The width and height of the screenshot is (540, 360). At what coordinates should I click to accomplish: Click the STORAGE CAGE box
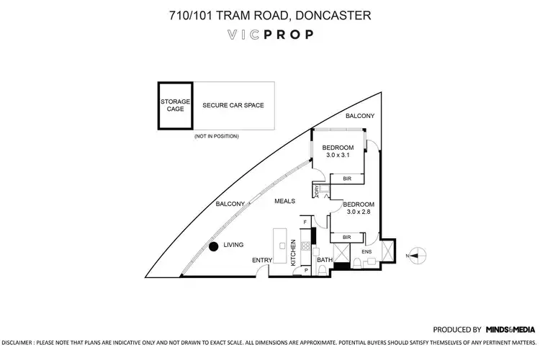coord(176,105)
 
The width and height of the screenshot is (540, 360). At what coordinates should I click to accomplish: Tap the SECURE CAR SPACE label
coord(233,105)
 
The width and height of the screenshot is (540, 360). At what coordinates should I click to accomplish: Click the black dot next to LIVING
coord(214,247)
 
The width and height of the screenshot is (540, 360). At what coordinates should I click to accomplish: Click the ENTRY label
coord(261,260)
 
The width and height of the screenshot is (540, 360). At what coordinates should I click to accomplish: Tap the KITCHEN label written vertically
coord(294,253)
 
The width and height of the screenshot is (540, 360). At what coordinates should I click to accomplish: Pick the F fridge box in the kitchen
coord(305,222)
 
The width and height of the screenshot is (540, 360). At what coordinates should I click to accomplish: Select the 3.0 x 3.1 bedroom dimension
coord(337,155)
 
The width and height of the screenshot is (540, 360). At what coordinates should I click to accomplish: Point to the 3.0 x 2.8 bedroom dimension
coord(359,211)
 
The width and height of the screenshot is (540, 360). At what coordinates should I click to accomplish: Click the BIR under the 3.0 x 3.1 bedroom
coord(347,178)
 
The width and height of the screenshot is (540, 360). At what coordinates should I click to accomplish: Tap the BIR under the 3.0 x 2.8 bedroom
coord(346,236)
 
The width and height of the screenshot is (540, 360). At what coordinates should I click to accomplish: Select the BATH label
coord(324,260)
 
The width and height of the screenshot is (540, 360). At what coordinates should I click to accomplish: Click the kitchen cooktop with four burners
coord(305,246)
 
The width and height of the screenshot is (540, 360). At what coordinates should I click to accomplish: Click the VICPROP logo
coord(269,35)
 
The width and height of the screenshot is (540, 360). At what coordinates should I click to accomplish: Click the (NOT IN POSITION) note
coord(217,136)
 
